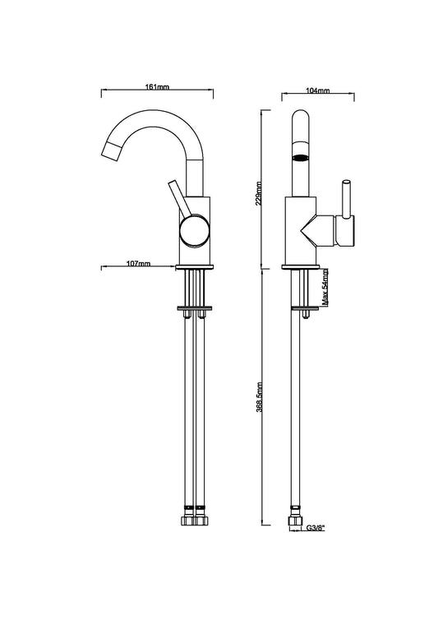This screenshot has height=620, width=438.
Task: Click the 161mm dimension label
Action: coord(157,86)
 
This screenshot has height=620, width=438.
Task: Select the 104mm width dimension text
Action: coord(317,90)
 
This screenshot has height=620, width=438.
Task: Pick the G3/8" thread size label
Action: coord(316,529)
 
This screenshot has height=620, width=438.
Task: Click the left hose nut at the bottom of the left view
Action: coord(189,522)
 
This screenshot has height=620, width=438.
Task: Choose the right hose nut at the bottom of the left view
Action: coord(201,522)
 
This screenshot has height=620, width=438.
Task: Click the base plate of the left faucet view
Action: coord(196,267)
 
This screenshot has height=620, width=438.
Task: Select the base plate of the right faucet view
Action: coord(302,267)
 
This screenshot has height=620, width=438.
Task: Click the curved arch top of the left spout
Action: coord(156,117)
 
